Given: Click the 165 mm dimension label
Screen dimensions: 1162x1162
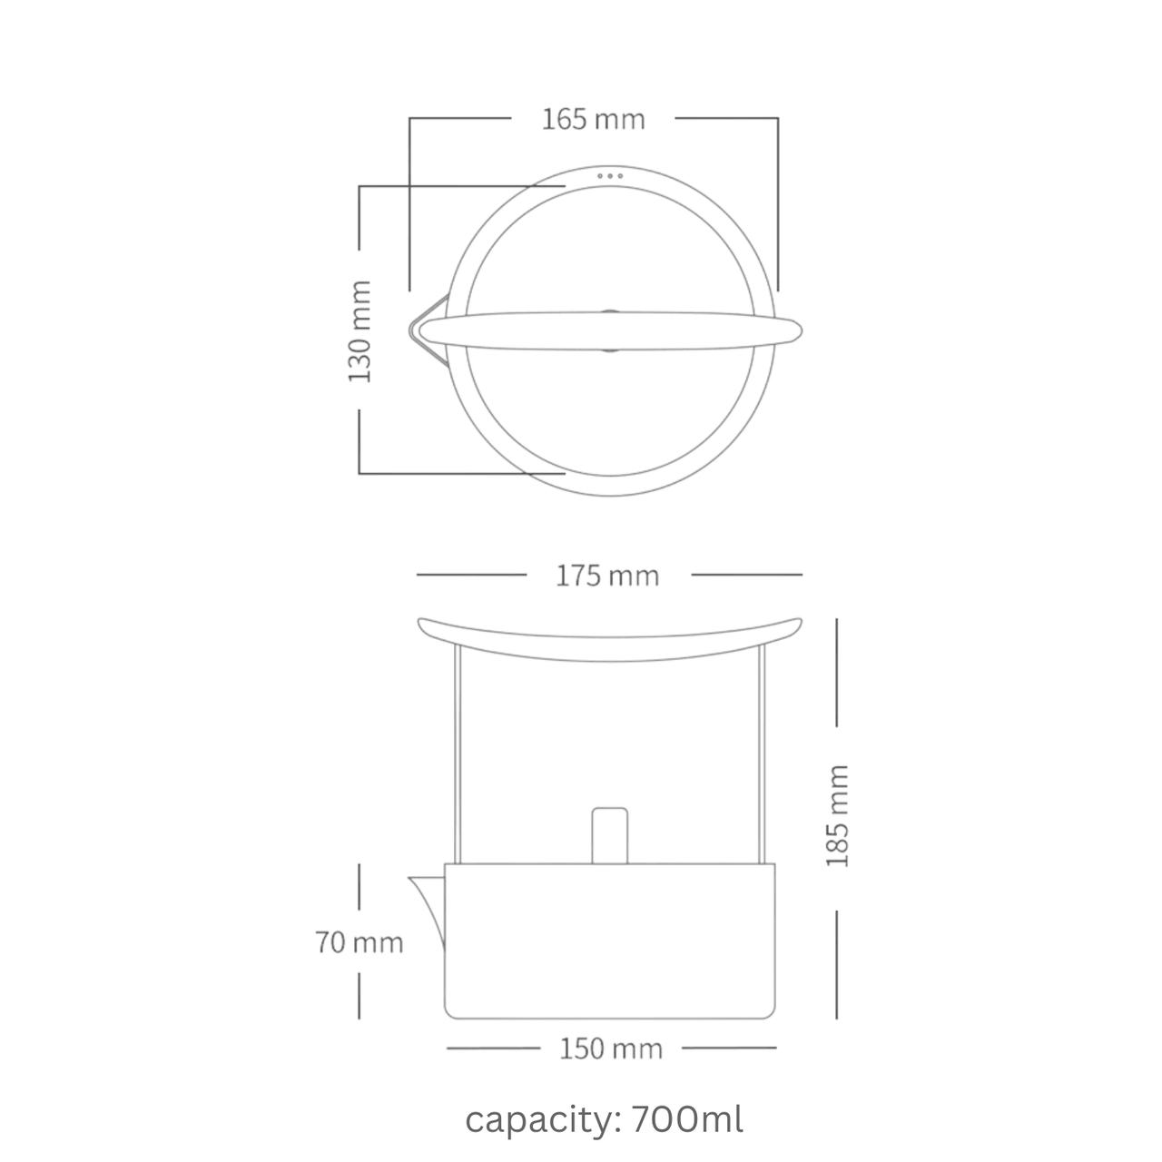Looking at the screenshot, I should tap(593, 119).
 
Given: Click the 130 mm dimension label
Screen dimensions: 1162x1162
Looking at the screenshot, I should tap(360, 330).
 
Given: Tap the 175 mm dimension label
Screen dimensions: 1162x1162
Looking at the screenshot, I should tap(607, 576).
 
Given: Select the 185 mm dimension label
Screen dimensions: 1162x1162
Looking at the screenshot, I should tap(837, 815).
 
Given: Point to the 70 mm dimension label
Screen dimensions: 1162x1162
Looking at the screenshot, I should tap(360, 942).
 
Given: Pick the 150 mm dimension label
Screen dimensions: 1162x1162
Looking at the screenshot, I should tap(611, 1049).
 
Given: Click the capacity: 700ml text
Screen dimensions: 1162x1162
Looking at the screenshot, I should tap(605, 1119).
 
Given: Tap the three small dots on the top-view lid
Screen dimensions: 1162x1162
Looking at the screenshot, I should tap(610, 175).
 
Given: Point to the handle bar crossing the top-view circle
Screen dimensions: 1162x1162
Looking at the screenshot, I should tap(610, 330).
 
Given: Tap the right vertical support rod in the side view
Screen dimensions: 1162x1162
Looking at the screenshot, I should tap(760, 753).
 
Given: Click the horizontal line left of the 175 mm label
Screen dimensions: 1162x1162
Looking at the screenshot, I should tap(471, 575).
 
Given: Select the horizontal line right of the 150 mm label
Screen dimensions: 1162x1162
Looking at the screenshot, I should tap(729, 1048).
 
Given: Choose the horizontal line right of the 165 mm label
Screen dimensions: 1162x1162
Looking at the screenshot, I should tap(726, 118).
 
